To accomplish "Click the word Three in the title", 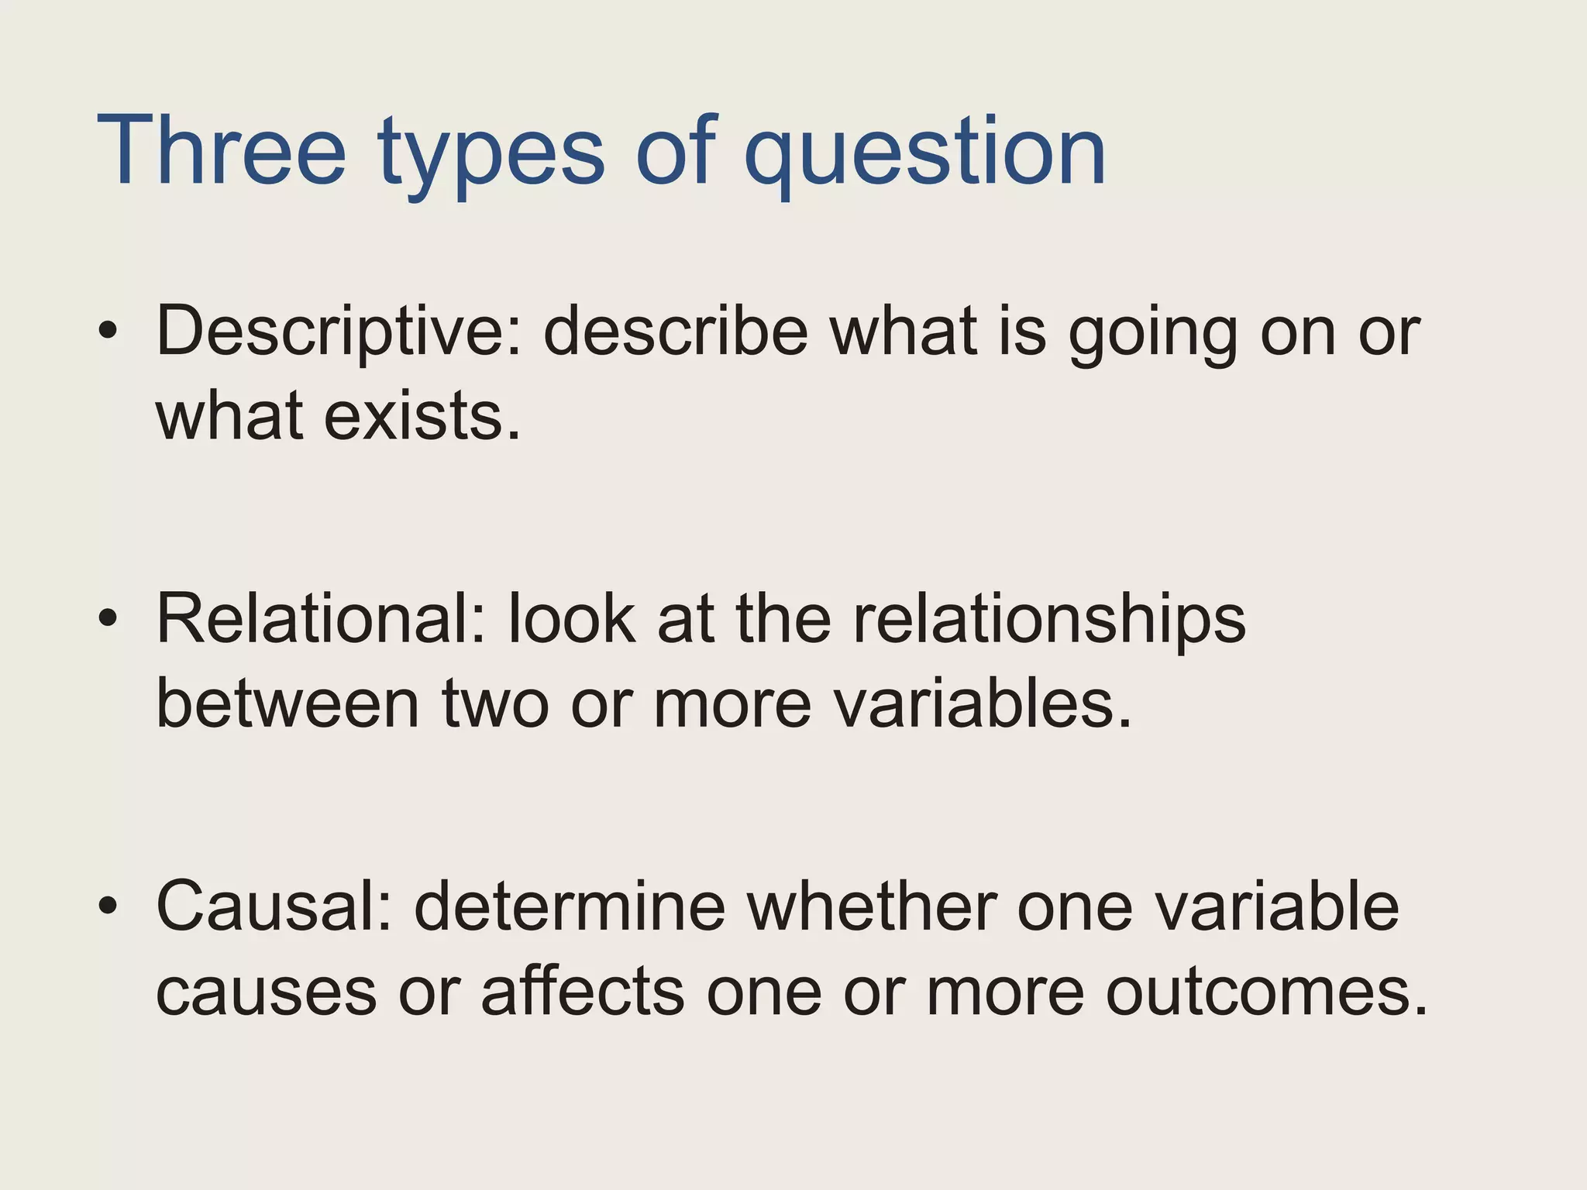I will pyautogui.click(x=221, y=151).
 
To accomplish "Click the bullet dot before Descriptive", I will pyautogui.click(x=108, y=331).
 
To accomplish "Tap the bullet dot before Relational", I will pyautogui.click(x=108, y=617).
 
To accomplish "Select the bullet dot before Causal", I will pyautogui.click(x=108, y=904).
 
